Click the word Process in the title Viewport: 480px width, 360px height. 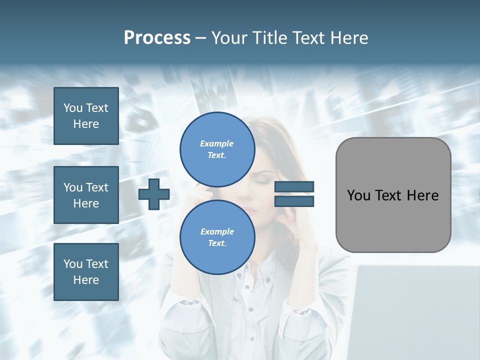tap(157, 37)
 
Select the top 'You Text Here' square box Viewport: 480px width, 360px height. tap(86, 116)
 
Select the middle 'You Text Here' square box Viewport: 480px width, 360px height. tap(86, 195)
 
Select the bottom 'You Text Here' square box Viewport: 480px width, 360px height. tap(86, 271)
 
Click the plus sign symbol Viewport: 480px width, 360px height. tap(154, 194)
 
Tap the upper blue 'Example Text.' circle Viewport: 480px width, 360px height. tap(217, 149)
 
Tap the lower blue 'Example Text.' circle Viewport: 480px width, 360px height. tap(217, 237)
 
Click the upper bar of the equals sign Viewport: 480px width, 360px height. tap(294, 187)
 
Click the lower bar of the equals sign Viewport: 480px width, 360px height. tap(294, 201)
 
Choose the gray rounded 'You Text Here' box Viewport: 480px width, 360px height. tap(393, 195)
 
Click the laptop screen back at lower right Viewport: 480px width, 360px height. tap(415, 310)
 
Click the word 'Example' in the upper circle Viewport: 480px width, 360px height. tap(216, 143)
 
